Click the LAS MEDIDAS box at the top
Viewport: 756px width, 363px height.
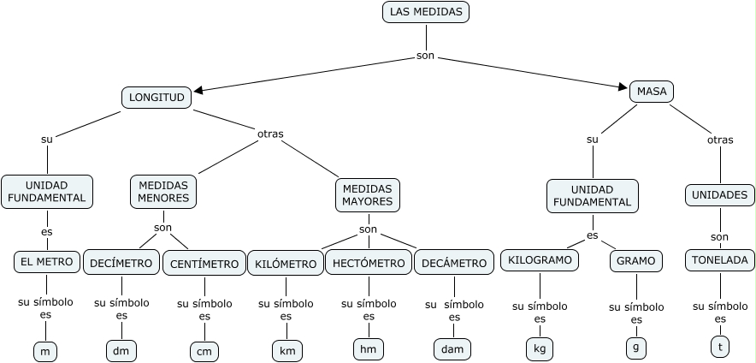pyautogui.click(x=425, y=12)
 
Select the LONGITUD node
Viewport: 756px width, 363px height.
pyautogui.click(x=157, y=98)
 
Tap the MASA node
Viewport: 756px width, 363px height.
pyautogui.click(x=652, y=91)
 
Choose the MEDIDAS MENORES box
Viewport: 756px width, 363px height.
pyautogui.click(x=163, y=193)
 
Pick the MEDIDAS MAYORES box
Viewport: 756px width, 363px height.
pyautogui.click(x=367, y=194)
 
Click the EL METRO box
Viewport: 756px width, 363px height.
pyautogui.click(x=47, y=262)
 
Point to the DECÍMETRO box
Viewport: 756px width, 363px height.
pyautogui.click(x=121, y=263)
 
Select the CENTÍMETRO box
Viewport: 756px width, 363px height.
pyautogui.click(x=204, y=264)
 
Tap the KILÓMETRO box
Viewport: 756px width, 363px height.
pyautogui.click(x=286, y=264)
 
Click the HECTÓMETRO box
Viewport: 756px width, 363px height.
pyautogui.click(x=369, y=263)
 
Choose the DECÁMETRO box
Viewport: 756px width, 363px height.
pyautogui.click(x=454, y=263)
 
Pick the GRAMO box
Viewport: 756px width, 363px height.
pyautogui.click(x=636, y=260)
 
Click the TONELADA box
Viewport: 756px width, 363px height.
pyautogui.click(x=720, y=259)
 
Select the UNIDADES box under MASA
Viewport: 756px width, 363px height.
pyautogui.click(x=720, y=195)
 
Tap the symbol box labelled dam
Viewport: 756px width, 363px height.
pyautogui.click(x=452, y=349)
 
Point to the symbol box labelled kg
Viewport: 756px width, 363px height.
pyautogui.click(x=540, y=348)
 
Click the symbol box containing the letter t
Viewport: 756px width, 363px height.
pyautogui.click(x=720, y=347)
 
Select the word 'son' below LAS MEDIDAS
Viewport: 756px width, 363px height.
pyautogui.click(x=425, y=56)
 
